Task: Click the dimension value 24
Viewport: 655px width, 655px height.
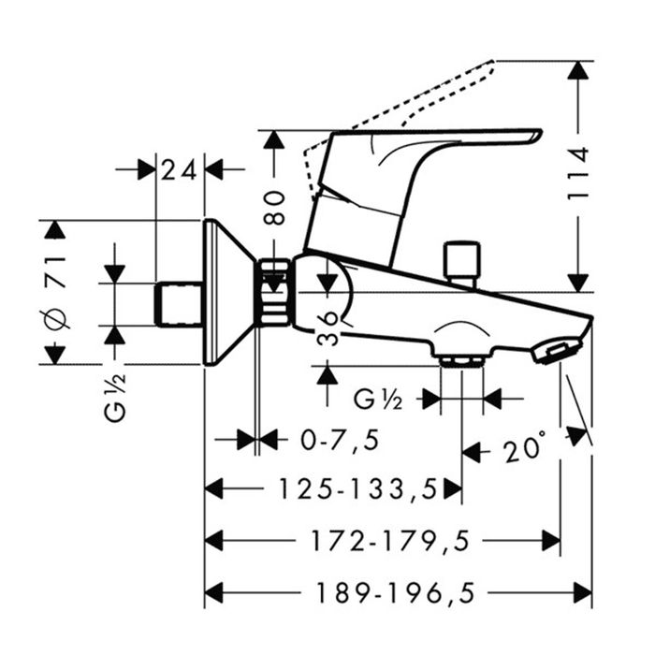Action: tap(181, 170)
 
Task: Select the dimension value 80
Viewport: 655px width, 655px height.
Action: tap(272, 205)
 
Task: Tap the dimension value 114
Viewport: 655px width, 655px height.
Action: tap(579, 171)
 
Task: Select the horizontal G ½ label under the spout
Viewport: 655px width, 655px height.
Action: tap(378, 400)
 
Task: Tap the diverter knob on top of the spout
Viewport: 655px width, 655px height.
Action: tap(463, 261)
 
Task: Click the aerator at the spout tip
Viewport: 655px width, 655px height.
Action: tap(554, 352)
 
